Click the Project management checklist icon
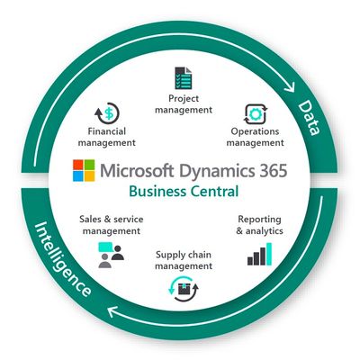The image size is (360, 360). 184,78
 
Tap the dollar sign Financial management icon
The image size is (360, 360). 107,113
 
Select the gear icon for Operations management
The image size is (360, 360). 255,114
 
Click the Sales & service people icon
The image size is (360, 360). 111,255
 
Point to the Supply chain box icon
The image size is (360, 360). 183,289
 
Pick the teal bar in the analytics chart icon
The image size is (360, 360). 269,254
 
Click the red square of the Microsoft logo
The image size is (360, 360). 77,165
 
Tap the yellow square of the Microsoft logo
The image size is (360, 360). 89,176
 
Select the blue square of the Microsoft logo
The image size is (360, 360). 77,176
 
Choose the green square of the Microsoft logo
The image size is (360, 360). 89,165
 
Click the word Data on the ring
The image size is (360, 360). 309,118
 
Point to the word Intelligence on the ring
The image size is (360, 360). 62,259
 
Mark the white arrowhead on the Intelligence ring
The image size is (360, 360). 113,312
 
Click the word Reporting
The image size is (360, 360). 259,220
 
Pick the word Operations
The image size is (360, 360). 255,131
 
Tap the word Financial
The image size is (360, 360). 107,131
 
